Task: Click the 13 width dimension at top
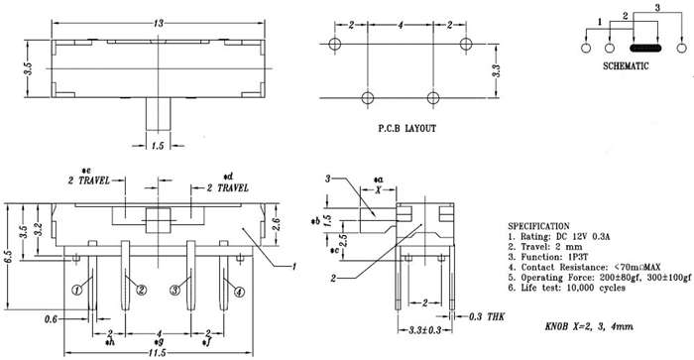pyautogui.click(x=158, y=23)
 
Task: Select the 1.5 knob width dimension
pyautogui.click(x=158, y=145)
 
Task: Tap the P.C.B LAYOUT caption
pyautogui.click(x=406, y=128)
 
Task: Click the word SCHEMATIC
pyautogui.click(x=626, y=66)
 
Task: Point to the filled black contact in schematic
pyautogui.click(x=644, y=48)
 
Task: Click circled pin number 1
pyautogui.click(x=76, y=291)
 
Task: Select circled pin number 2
pyautogui.click(x=141, y=291)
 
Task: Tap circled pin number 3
pyautogui.click(x=175, y=291)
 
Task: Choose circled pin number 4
pyautogui.click(x=239, y=292)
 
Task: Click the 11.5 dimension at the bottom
pyautogui.click(x=158, y=353)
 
